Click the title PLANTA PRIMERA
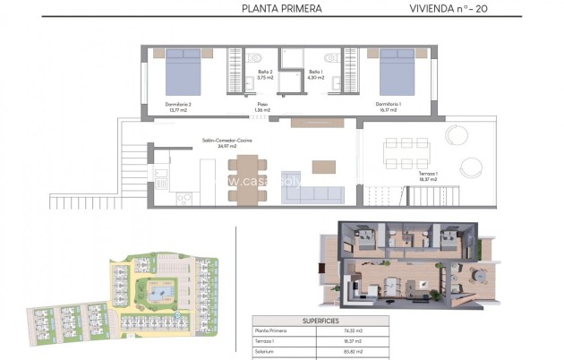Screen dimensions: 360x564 (281, 10)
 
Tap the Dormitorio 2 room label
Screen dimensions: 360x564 (178, 107)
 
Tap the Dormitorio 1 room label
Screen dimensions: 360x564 (388, 107)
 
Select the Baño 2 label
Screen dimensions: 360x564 (265, 74)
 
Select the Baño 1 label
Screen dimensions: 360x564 (315, 74)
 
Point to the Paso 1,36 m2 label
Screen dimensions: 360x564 (263, 107)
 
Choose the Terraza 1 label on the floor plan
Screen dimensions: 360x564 (427, 176)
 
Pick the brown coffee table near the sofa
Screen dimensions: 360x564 (323, 167)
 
